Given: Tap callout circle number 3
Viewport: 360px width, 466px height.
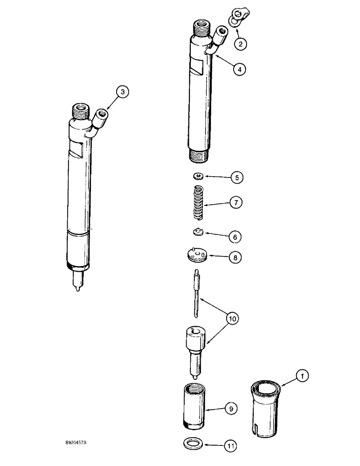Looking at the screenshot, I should [x=123, y=92].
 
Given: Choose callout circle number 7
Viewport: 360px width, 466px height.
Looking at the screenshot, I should [x=236, y=203].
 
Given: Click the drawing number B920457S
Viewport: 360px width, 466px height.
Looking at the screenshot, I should [x=83, y=445].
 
